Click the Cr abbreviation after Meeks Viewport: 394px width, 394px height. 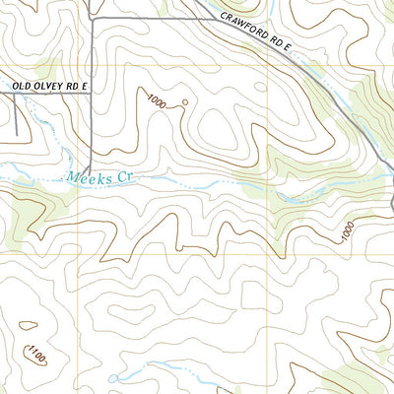tap(122, 177)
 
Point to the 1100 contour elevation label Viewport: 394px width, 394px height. tap(36, 353)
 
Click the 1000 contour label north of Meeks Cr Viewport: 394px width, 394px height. tap(156, 98)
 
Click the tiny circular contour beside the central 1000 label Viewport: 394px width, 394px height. tap(183, 101)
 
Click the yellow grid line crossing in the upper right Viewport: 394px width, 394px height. tap(270, 66)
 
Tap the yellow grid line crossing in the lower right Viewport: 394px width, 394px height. tap(270, 254)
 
